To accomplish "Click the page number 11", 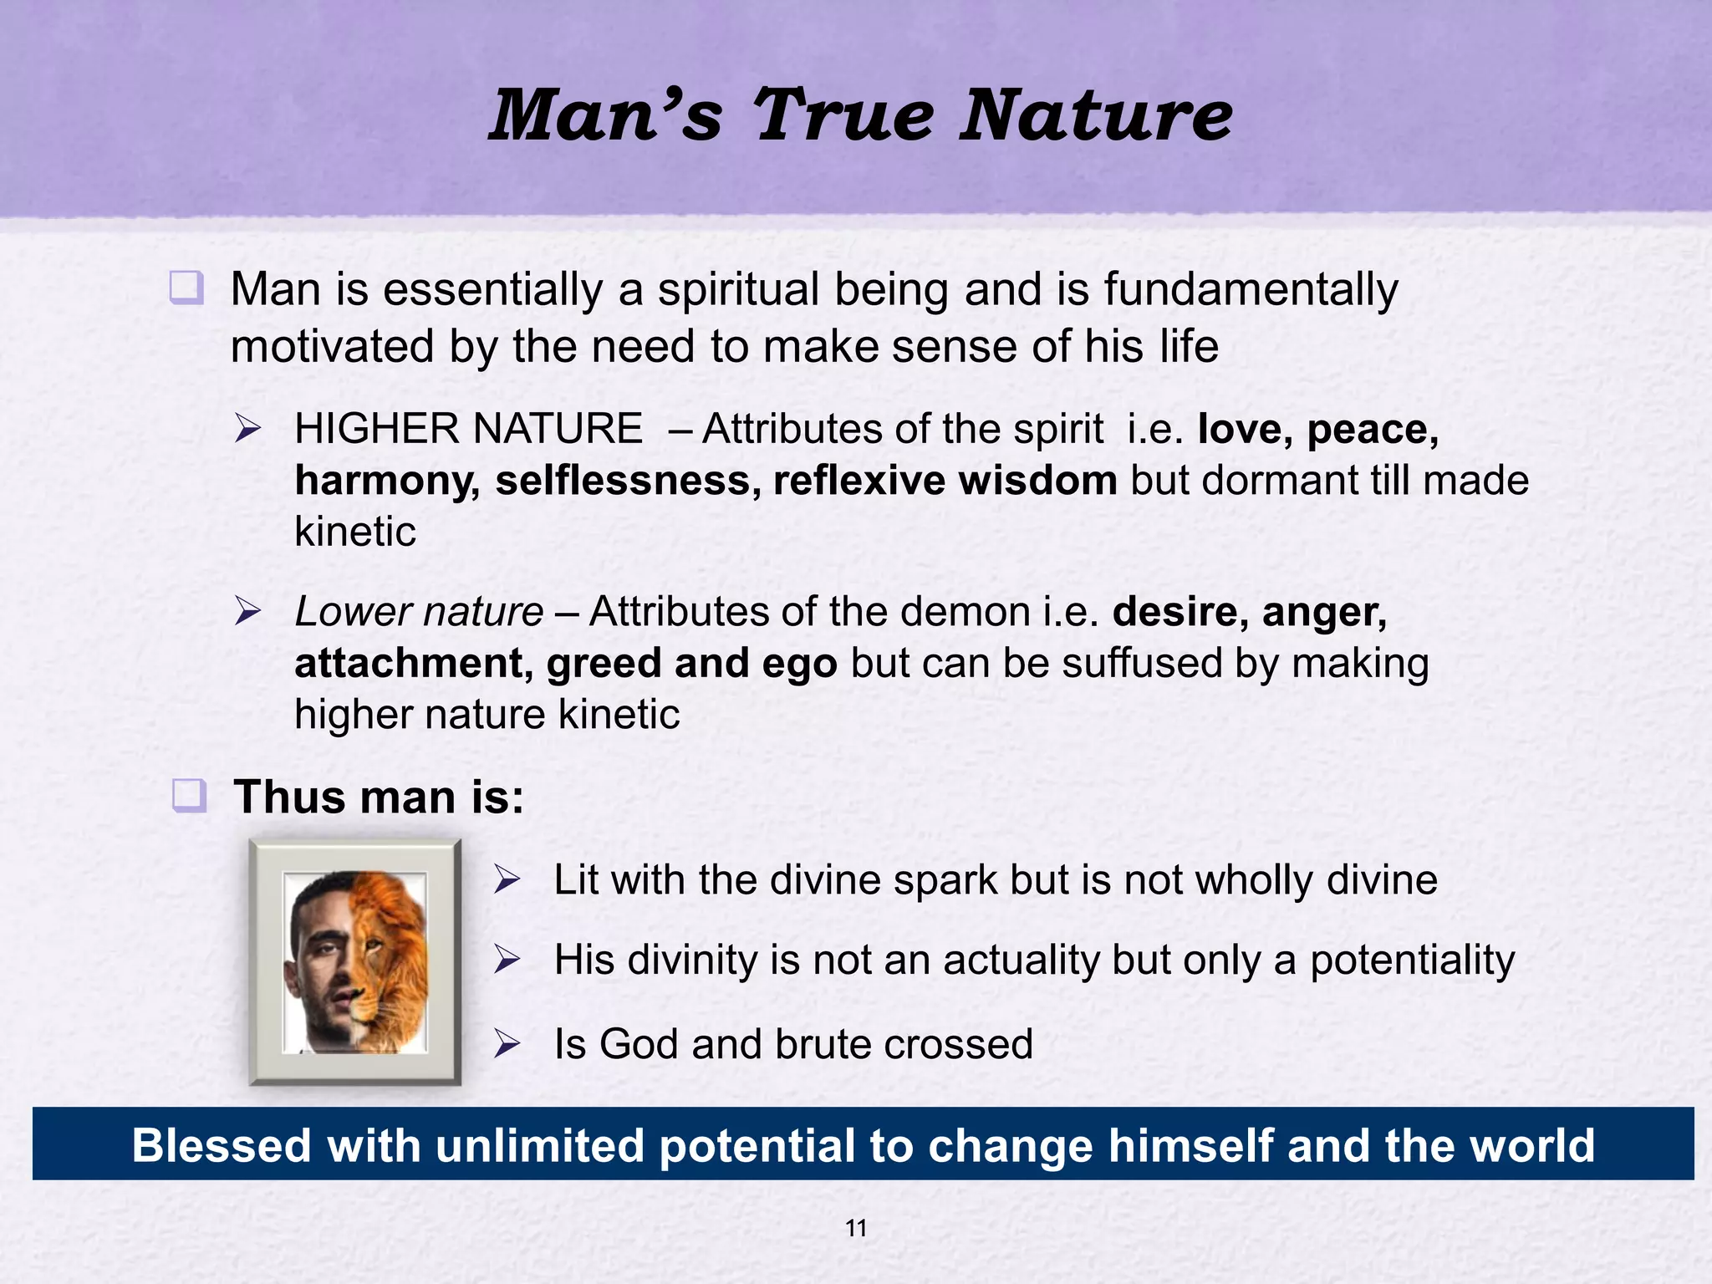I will (856, 1228).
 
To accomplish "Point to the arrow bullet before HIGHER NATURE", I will (248, 429).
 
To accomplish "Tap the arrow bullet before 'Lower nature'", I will (248, 611).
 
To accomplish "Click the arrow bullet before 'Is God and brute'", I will (507, 1043).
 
